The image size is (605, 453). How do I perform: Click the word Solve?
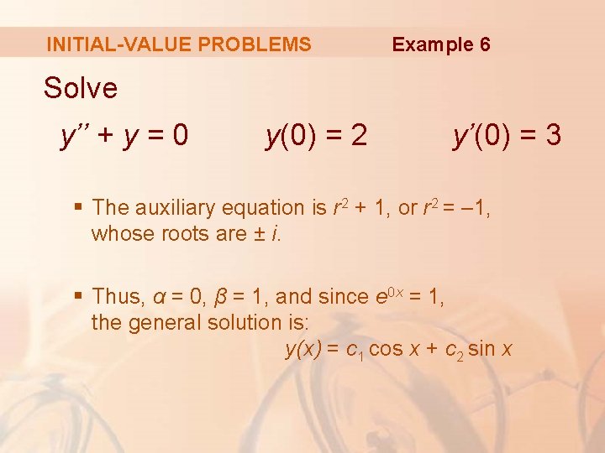(81, 87)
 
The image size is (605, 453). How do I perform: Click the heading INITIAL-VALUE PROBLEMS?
(179, 44)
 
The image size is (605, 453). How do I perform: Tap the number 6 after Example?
(485, 44)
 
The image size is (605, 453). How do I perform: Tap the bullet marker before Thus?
(78, 296)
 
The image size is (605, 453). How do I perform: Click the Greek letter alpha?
(160, 297)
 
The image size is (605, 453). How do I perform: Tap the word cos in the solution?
(386, 349)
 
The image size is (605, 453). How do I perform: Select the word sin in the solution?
(481, 349)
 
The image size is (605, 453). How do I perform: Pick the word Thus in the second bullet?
(118, 296)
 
